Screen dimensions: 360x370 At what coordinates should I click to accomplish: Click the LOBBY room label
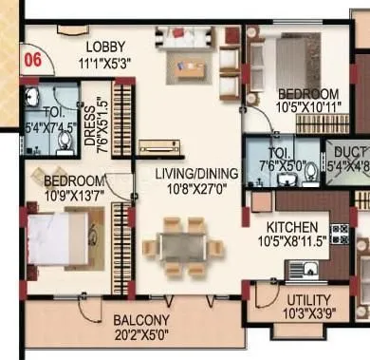pos(106,47)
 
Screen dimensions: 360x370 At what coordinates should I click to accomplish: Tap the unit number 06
pos(32,58)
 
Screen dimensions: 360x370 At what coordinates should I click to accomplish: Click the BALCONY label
pos(141,320)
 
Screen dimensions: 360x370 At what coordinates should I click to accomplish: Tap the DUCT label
pos(346,150)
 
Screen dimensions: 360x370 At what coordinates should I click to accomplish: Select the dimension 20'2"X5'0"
pos(141,334)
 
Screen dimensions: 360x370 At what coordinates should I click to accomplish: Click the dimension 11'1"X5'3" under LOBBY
pos(106,63)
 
